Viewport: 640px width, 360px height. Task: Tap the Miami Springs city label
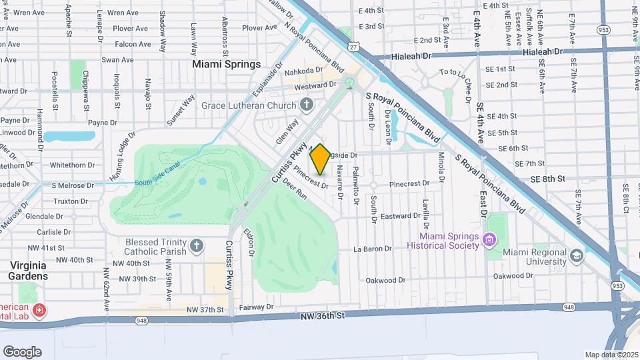click(226, 65)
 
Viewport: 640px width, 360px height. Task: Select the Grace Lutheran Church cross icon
click(307, 105)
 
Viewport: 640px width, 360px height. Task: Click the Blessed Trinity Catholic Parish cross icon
click(197, 247)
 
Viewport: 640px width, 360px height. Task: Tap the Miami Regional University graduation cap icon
click(577, 255)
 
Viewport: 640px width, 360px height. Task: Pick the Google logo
click(22, 352)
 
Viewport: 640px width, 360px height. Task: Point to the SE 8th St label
click(547, 179)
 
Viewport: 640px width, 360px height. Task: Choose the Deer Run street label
click(294, 189)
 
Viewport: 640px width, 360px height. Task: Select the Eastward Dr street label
click(400, 216)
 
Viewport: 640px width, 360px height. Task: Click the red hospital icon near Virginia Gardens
click(39, 311)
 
